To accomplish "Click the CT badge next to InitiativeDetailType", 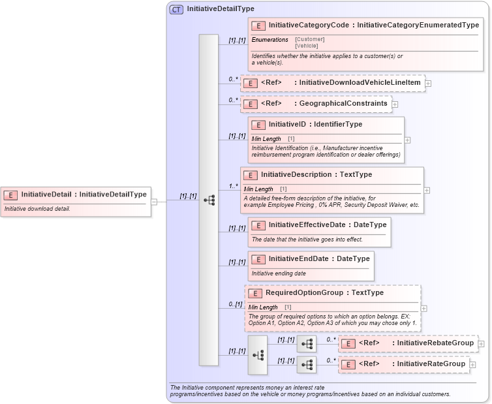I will pyautogui.click(x=176, y=9).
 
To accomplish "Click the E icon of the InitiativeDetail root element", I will pyautogui.click(x=10, y=194).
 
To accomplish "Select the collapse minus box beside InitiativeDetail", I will pyautogui.click(x=154, y=202).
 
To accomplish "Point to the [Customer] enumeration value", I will pyautogui.click(x=309, y=39).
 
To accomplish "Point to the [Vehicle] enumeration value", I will pyautogui.click(x=307, y=46).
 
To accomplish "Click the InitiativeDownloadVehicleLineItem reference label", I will pyautogui.click(x=360, y=83).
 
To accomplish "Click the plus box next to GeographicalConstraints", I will pyautogui.click(x=395, y=104).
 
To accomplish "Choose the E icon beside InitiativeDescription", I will pyautogui.click(x=250, y=176).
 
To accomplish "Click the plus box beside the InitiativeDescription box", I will pyautogui.click(x=427, y=191).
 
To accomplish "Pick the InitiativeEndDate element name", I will pyautogui.click(x=298, y=259).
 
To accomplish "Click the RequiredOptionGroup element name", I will pyautogui.click(x=305, y=293).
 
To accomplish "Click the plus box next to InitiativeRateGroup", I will pyautogui.click(x=472, y=365).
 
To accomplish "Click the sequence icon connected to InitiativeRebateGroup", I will pyautogui.click(x=307, y=344).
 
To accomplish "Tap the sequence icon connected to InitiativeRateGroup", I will pyautogui.click(x=307, y=365).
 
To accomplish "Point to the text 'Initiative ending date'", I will pyautogui.click(x=279, y=273).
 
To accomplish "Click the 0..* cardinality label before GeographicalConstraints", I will pyautogui.click(x=234, y=100).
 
